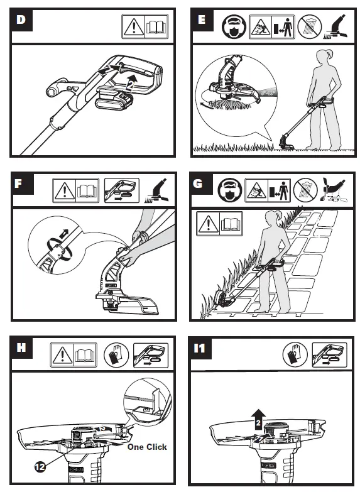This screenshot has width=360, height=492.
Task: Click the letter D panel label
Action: [21, 20]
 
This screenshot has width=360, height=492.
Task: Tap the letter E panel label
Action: [202, 19]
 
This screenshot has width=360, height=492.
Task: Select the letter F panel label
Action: [18, 183]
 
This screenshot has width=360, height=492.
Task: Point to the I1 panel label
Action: [200, 348]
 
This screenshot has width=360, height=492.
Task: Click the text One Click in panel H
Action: [147, 447]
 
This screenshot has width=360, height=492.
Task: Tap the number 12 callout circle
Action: [40, 467]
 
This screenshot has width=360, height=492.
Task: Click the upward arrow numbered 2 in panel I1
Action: [258, 419]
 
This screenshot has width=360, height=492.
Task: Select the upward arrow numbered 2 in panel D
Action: [132, 82]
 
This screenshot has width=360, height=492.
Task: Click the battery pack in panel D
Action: [114, 99]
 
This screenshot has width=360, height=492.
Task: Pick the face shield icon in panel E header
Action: [234, 27]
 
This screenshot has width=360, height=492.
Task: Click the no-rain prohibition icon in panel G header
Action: [305, 190]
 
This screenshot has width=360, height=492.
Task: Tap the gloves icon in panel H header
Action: [116, 355]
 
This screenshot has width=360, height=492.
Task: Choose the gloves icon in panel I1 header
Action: [295, 355]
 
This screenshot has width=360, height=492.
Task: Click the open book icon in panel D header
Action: [156, 26]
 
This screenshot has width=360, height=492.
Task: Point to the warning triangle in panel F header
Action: [64, 191]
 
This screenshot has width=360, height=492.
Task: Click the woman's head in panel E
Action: [322, 57]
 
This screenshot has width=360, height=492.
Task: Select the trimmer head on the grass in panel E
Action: [286, 143]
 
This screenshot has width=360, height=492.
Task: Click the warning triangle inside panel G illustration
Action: [208, 224]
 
